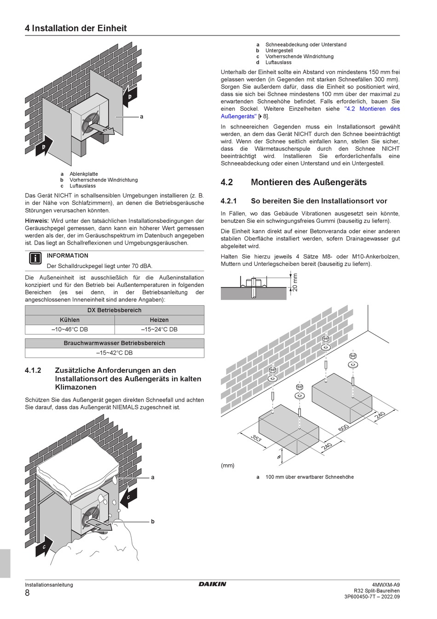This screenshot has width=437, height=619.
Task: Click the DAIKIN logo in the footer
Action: (x=213, y=584)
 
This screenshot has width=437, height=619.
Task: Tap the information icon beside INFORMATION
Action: (x=35, y=258)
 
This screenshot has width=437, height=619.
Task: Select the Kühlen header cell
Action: (x=69, y=320)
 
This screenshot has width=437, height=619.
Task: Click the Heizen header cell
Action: (x=159, y=320)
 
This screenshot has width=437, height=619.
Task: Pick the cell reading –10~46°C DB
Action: (x=69, y=329)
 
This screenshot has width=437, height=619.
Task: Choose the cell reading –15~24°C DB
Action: (x=159, y=329)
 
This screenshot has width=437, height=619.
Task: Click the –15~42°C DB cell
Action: (x=114, y=353)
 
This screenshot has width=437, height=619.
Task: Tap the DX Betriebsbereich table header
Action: (x=114, y=310)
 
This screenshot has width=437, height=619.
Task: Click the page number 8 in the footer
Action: (x=27, y=593)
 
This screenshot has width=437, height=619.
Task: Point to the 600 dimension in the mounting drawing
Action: (x=343, y=429)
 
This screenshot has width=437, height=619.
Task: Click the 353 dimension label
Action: (x=256, y=438)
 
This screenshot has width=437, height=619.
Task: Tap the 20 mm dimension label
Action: (x=295, y=282)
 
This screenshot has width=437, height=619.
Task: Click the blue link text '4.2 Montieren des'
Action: (x=372, y=109)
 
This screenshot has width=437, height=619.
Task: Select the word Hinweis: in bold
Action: (x=37, y=221)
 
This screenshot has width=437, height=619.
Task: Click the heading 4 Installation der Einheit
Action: (x=76, y=28)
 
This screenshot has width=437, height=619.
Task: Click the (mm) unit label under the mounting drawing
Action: (x=228, y=465)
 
